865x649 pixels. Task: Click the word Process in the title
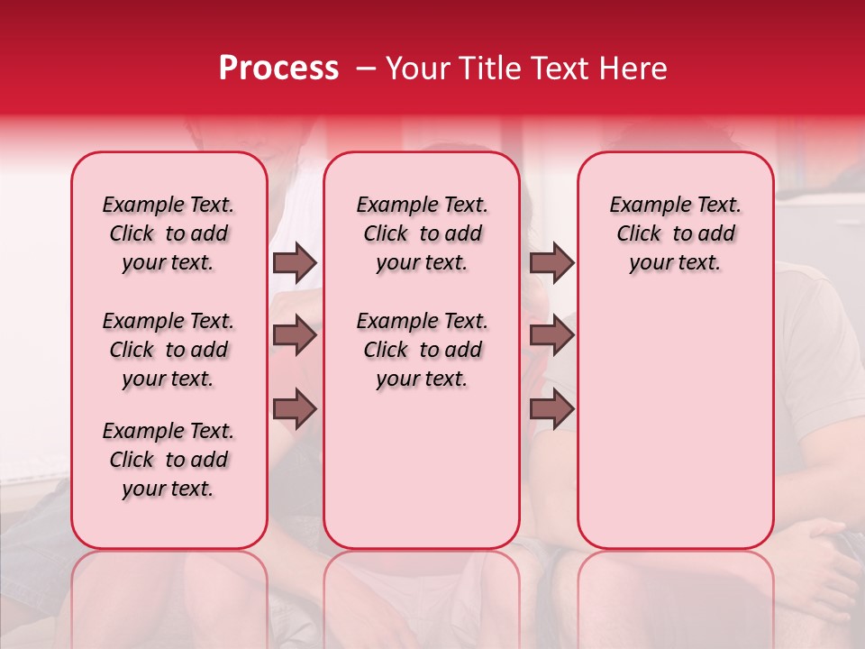coord(278,69)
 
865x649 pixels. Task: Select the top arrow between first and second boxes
coord(295,262)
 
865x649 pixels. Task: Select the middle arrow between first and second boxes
coord(295,336)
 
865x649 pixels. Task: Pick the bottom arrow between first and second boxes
coord(295,409)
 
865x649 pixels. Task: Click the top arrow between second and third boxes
coord(551,262)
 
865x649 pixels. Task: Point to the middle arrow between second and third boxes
coord(551,336)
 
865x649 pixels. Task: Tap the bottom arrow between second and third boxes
coord(551,409)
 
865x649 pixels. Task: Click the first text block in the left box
coord(168,233)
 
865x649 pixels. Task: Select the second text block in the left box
coord(168,350)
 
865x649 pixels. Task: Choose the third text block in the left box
coord(168,460)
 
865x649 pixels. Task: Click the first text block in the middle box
coord(423,233)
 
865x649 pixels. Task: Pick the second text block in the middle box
coord(423,350)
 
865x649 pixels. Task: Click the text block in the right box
coord(675,233)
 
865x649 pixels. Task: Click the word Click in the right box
coord(639,233)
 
